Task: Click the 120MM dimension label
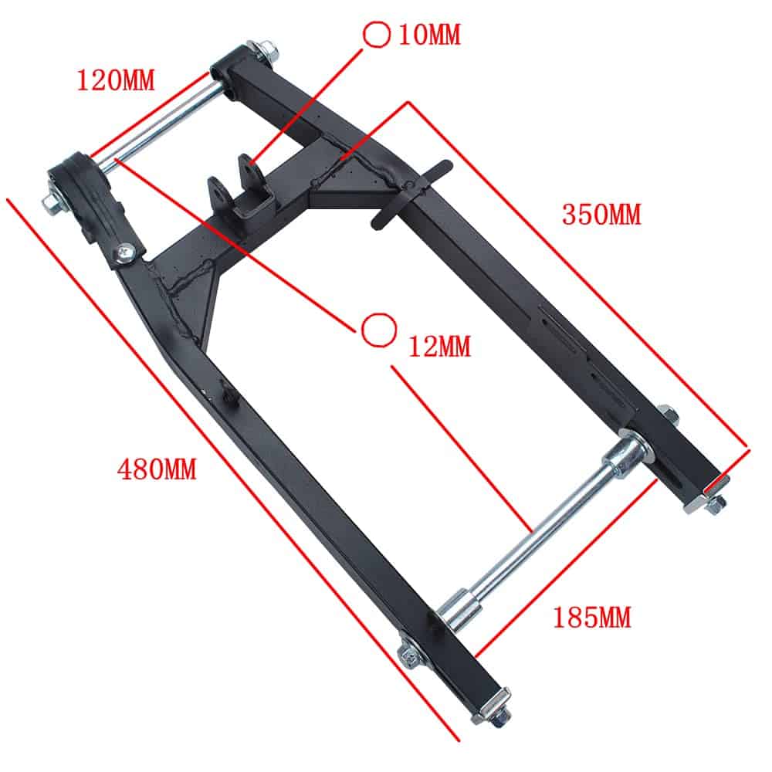tap(116, 80)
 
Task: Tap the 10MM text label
tap(429, 35)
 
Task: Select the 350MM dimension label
tap(601, 215)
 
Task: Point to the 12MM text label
tap(440, 346)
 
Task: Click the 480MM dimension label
tap(157, 469)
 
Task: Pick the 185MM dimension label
tap(592, 618)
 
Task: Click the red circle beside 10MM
tap(377, 35)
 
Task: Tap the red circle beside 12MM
tap(378, 330)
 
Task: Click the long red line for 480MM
tap(233, 469)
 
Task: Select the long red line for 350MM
tap(578, 276)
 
